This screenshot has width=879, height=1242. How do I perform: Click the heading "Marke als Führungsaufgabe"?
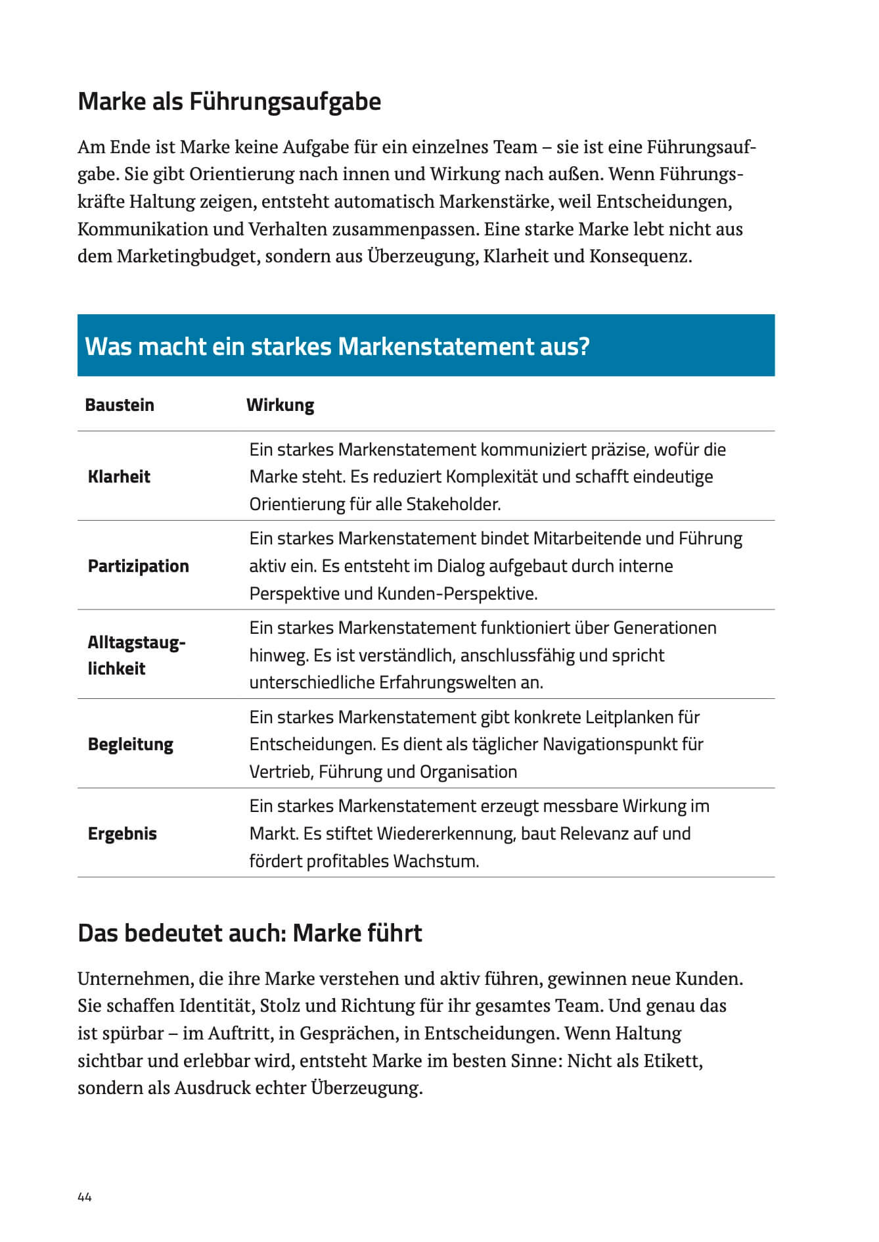coord(229,102)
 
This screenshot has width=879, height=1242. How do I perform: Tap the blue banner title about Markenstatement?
coord(337,346)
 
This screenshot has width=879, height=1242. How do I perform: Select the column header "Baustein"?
coord(120,405)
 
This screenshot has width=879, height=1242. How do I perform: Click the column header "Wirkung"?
coord(280,405)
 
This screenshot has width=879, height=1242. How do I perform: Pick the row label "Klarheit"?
coord(119,477)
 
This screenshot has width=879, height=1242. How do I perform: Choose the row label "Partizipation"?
coord(138,566)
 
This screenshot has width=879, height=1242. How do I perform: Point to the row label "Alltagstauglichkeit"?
coord(136,656)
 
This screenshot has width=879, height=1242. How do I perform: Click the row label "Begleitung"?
coord(130,744)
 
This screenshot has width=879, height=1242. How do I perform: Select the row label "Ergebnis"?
coord(122,834)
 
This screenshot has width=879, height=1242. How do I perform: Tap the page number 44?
coord(85,1197)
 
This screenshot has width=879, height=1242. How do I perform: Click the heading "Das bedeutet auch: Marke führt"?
coord(250,933)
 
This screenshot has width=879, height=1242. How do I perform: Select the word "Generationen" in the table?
coord(665,628)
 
